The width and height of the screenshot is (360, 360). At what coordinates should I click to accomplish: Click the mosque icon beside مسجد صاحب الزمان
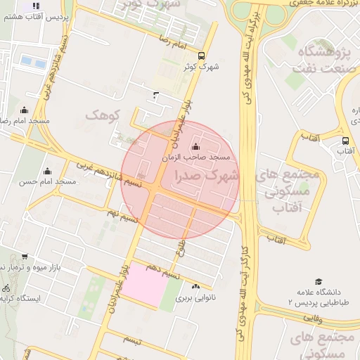pyautogui.click(x=195, y=147)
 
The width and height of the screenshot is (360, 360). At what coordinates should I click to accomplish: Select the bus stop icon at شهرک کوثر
pyautogui.click(x=202, y=56)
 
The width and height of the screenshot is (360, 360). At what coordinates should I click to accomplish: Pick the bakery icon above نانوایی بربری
pyautogui.click(x=195, y=286)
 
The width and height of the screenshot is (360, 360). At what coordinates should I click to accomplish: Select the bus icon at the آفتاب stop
pyautogui.click(x=345, y=141)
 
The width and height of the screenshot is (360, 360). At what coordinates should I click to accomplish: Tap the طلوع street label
pyautogui.click(x=179, y=247)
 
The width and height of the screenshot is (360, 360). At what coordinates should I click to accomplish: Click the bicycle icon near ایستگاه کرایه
pyautogui.click(x=6, y=288)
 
